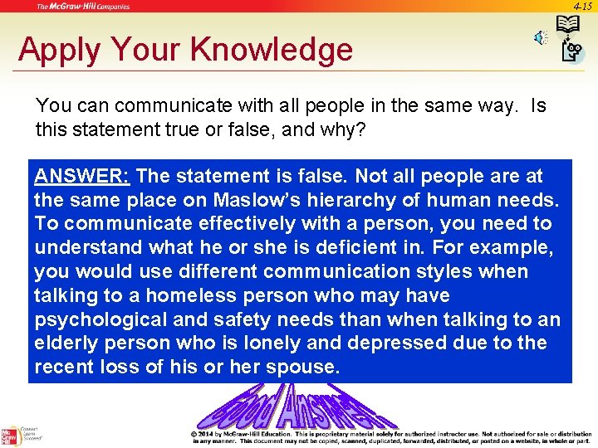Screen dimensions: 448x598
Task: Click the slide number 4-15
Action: click(582, 6)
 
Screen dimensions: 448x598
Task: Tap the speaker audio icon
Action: click(541, 38)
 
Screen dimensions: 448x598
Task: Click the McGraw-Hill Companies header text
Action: click(83, 7)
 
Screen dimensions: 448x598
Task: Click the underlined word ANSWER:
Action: click(82, 176)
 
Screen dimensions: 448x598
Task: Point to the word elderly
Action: click(66, 343)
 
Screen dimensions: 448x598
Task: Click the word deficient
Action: click(407, 248)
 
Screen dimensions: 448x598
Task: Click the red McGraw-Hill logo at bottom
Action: click(10, 436)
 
